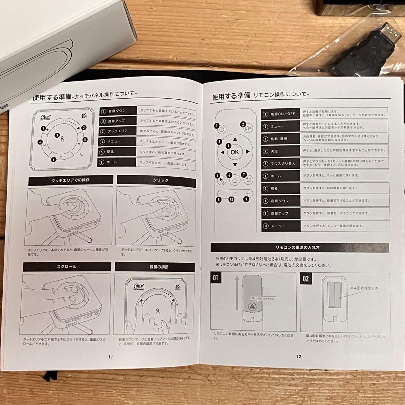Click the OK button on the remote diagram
pos(235,152)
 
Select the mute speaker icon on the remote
pos(248,128)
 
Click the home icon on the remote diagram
pos(235,180)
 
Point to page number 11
pos(110,357)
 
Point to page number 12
pos(298,357)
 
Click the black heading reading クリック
pos(156,180)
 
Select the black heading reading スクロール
pos(67,267)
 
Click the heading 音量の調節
pos(154,267)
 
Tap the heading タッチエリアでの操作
pos(70,180)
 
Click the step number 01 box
pos(216,279)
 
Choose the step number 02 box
pos(306,279)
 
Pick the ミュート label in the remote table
pos(277,126)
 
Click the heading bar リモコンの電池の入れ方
pos(300,247)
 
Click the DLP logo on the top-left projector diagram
pos(44,118)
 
